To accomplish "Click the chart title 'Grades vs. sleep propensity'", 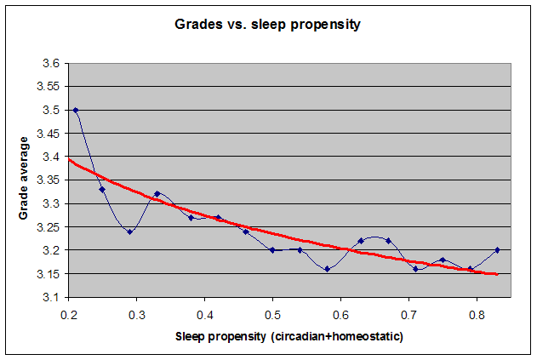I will tap(268, 25).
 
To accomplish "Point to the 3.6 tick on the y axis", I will tap(50, 64).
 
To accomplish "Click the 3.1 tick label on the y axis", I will tap(50, 298).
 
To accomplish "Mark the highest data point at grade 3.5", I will tap(76, 111).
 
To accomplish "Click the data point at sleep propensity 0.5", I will tap(272, 250).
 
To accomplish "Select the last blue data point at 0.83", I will tap(497, 250).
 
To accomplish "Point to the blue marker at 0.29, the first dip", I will tap(129, 231).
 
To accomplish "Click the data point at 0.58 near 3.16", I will tap(327, 269).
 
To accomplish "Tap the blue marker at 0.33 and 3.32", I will tap(157, 194).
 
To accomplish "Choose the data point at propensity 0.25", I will tap(102, 190).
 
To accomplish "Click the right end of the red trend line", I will tap(496, 274).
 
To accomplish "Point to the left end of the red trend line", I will tap(70, 160).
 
